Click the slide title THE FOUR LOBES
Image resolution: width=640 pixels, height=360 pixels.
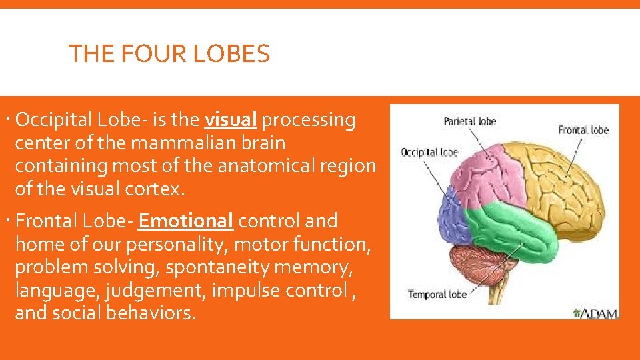[x=169, y=53]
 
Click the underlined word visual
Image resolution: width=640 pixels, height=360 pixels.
[x=231, y=120]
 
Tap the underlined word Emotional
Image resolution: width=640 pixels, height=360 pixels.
[x=186, y=221]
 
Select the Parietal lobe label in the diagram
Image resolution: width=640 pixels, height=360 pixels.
[x=470, y=121]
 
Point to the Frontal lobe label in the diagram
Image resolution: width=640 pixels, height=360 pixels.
[x=583, y=130]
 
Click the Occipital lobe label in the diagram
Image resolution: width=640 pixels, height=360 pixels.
[x=429, y=153]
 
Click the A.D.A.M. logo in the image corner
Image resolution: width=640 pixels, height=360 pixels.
[x=596, y=312]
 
